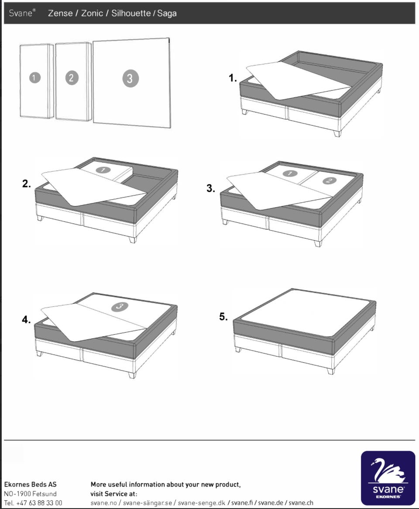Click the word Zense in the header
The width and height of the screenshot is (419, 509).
point(60,13)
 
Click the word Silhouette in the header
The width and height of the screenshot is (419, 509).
point(131,13)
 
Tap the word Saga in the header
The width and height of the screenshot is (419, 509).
point(167,14)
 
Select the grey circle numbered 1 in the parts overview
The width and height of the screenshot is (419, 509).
point(35,78)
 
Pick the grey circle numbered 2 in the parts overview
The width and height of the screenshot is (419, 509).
point(72,78)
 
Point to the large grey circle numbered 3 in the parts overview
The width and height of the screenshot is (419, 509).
point(131,78)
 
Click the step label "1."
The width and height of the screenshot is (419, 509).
point(233,78)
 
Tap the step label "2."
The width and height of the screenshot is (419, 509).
point(27,184)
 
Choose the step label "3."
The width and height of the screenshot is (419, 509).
point(211,188)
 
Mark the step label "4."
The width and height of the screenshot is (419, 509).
point(26,320)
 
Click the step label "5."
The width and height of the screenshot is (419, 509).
point(223,316)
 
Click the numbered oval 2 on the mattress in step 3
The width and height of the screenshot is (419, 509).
point(329,180)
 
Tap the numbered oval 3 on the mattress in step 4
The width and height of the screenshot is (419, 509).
point(119,306)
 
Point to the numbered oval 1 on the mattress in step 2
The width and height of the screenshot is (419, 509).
point(103,170)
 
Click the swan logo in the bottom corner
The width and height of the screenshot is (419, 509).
point(388,478)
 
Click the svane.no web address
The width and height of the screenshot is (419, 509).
point(104,503)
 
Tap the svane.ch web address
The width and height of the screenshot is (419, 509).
point(301,503)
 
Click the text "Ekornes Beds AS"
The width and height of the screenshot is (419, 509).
point(30,485)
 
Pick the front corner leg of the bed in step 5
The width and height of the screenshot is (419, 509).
point(330,370)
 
